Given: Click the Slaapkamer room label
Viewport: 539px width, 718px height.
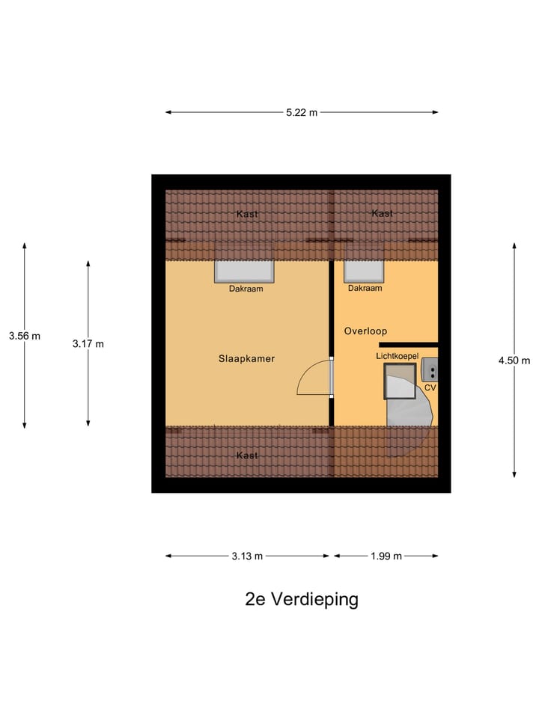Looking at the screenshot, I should (x=246, y=359).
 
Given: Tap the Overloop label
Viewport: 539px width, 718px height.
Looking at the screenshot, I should (x=365, y=331).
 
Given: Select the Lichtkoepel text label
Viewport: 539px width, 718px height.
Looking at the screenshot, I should (x=397, y=357).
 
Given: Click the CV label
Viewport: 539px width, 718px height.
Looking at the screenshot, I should (x=430, y=388).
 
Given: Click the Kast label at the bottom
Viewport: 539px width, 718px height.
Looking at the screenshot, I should (x=247, y=455).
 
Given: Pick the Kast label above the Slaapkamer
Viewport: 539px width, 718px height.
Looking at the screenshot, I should (x=247, y=214).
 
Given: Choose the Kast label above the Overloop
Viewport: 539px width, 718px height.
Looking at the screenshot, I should (x=382, y=213).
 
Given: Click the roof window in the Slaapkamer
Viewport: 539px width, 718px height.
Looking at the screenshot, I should (x=246, y=271).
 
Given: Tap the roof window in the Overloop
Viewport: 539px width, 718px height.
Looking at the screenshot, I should (x=365, y=271).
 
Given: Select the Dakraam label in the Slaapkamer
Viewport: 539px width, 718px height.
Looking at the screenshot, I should (x=246, y=289).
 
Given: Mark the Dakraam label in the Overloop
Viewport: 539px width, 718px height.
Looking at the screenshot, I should (x=365, y=288).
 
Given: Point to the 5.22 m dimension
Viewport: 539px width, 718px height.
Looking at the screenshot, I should (x=301, y=112).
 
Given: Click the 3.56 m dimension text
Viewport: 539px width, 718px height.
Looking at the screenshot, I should (x=25, y=336).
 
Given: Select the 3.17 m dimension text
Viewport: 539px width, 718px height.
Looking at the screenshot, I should (x=88, y=343).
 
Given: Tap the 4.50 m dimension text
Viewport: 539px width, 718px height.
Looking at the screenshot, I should (x=514, y=360).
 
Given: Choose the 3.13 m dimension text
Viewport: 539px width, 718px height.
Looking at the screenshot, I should (x=247, y=556).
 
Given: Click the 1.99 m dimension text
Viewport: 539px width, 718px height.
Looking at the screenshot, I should (x=386, y=556).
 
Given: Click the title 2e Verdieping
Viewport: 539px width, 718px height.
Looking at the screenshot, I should (x=302, y=599).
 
